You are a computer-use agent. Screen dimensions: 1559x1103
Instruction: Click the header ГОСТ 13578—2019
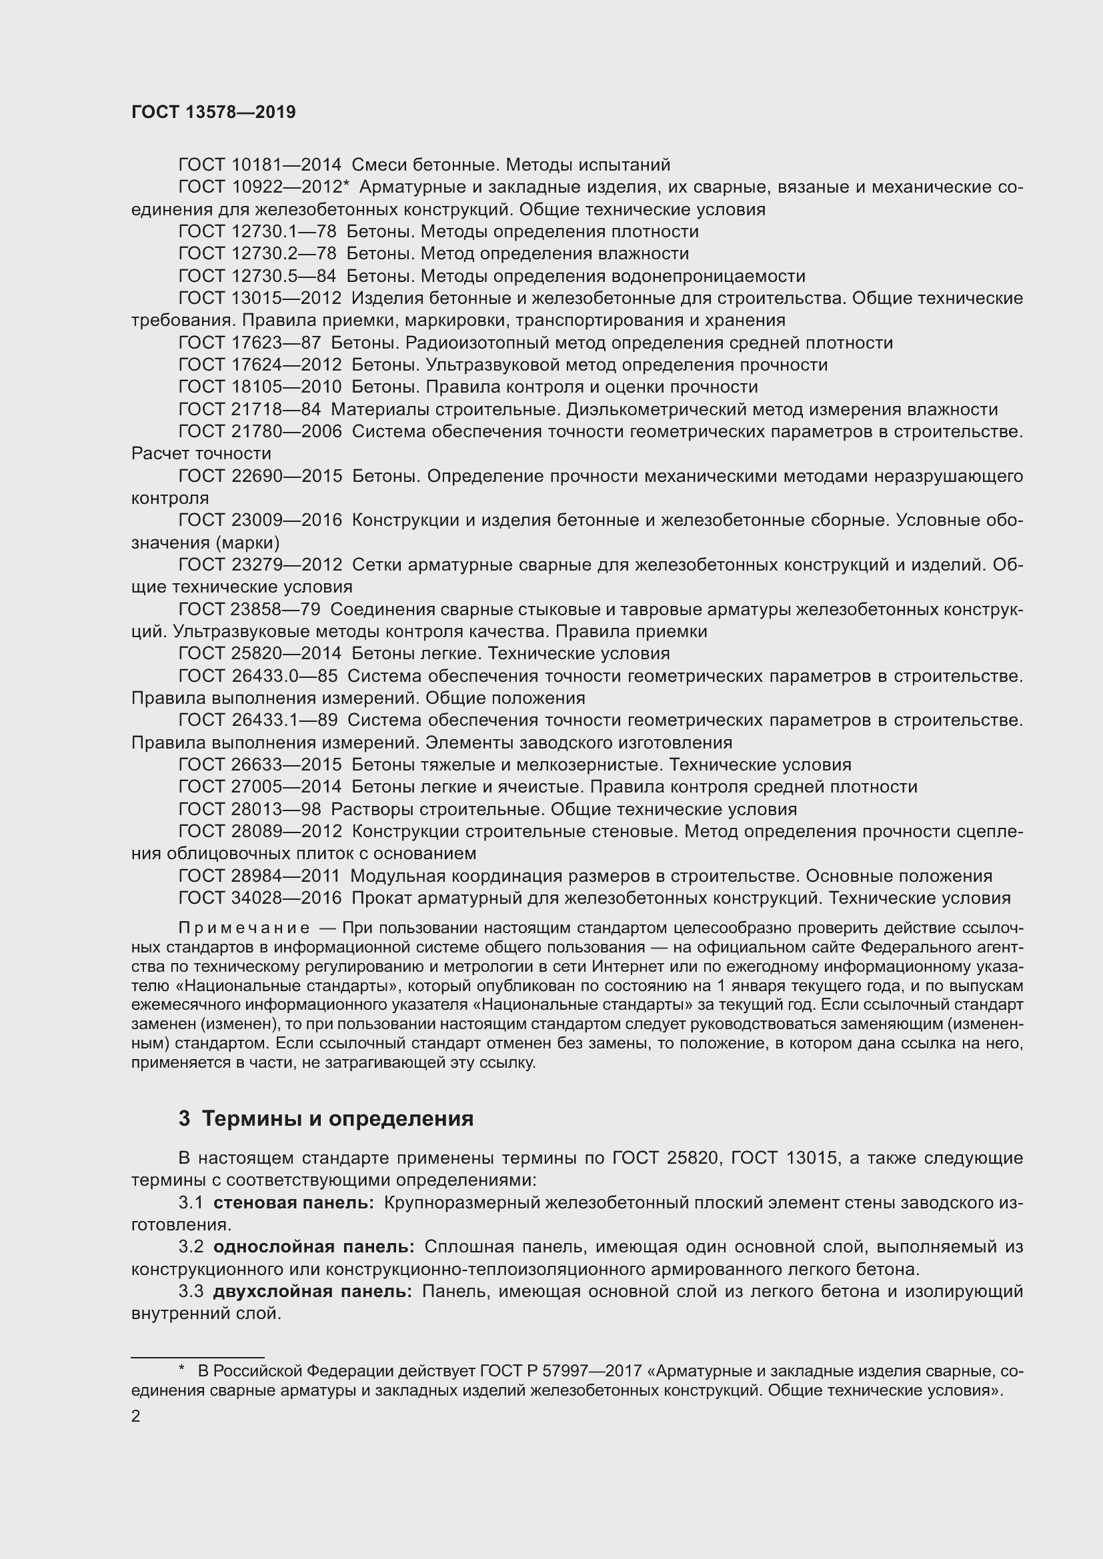pyautogui.click(x=213, y=113)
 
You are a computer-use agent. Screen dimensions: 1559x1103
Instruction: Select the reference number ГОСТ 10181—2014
pyautogui.click(x=259, y=165)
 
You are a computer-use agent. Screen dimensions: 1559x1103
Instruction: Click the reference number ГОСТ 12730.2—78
pyautogui.click(x=257, y=254)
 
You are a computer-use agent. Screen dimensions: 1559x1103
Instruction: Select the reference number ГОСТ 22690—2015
pyautogui.click(x=259, y=477)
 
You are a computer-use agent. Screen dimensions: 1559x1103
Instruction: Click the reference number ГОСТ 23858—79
pyautogui.click(x=249, y=610)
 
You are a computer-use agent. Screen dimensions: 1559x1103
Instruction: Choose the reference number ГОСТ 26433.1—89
pyautogui.click(x=257, y=721)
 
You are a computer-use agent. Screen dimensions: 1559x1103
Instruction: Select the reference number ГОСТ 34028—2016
pyautogui.click(x=259, y=898)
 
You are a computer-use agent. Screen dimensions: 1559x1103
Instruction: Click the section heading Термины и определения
pyautogui.click(x=337, y=1119)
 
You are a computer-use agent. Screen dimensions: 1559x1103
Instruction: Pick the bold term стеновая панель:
pyautogui.click(x=293, y=1203)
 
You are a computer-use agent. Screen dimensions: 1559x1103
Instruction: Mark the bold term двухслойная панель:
pyautogui.click(x=312, y=1292)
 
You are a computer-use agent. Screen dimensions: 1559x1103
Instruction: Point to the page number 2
pyautogui.click(x=136, y=1416)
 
